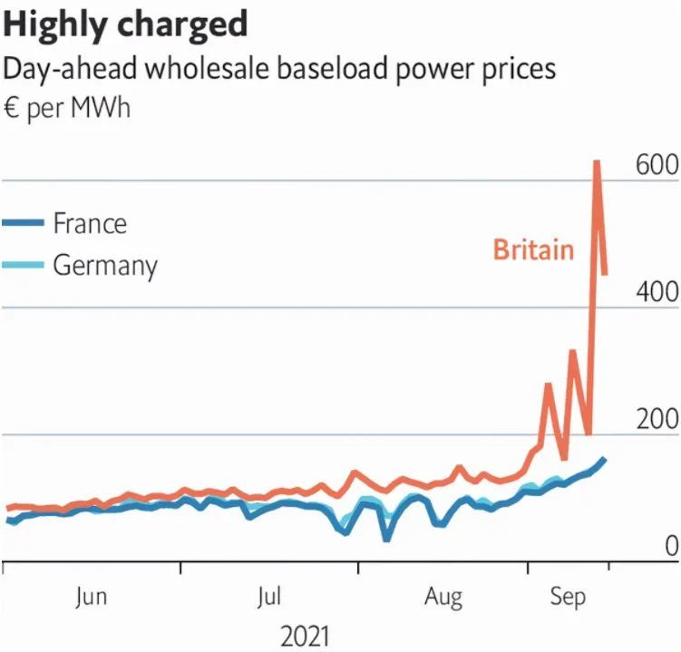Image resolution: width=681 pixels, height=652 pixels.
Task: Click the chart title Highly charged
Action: click(125, 24)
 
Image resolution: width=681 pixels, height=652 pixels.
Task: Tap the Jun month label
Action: click(92, 598)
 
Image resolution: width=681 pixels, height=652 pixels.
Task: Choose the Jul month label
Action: click(269, 598)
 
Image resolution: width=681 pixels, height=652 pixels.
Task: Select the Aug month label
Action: click(444, 598)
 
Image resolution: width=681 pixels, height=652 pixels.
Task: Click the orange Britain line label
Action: click(533, 249)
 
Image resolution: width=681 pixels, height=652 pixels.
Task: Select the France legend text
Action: click(90, 223)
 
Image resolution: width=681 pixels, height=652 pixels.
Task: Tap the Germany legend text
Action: click(104, 266)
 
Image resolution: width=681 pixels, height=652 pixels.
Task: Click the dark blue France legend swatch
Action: click(23, 223)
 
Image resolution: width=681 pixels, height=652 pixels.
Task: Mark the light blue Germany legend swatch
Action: click(23, 266)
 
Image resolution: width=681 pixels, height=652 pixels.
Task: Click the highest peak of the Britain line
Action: click(597, 162)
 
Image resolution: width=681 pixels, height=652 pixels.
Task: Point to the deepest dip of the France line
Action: click(387, 539)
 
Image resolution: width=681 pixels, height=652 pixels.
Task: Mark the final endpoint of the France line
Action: click(605, 459)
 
